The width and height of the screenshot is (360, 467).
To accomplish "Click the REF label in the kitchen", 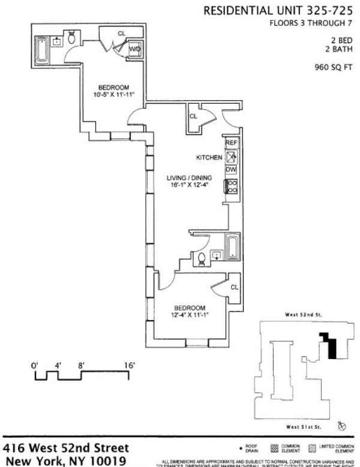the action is (x=231, y=143).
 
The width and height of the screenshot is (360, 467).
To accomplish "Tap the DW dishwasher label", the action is (x=231, y=170).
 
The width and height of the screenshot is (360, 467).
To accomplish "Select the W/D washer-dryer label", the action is (x=135, y=49).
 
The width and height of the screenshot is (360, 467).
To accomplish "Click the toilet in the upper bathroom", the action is (x=71, y=40).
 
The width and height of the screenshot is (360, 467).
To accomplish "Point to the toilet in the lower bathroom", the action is (x=202, y=260).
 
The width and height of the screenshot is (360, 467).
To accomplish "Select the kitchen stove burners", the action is (x=232, y=187).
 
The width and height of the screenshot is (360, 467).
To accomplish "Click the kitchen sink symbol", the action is (x=231, y=156).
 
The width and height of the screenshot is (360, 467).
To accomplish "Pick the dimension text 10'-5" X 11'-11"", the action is (x=113, y=95).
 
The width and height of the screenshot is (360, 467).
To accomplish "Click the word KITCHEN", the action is (x=209, y=157).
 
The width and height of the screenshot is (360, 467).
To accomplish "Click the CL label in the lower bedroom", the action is (x=234, y=287).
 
